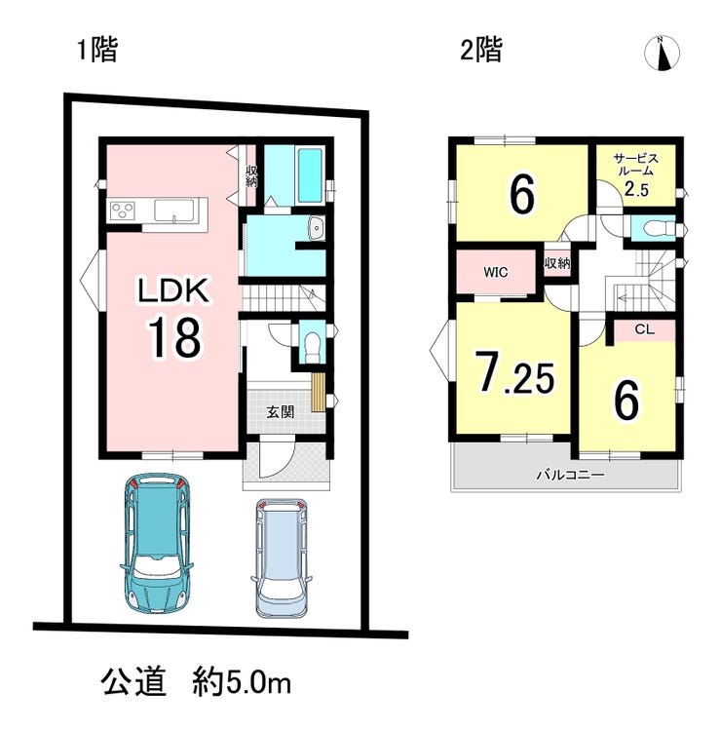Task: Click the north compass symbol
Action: coord(662,53)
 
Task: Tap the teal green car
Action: coord(156,542)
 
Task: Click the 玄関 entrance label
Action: coord(280,411)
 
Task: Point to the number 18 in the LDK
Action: coord(175,337)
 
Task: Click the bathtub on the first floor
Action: coord(310,175)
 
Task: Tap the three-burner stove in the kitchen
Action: coord(123,211)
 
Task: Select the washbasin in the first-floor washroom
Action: coord(317,229)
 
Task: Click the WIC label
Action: coord(496,272)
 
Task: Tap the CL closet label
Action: coord(645,329)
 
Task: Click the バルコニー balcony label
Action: coord(570,475)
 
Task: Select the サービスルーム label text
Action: coord(636,165)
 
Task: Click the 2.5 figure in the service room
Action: coord(636,189)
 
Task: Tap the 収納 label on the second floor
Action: coord(557,263)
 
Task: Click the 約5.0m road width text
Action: coord(242,684)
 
